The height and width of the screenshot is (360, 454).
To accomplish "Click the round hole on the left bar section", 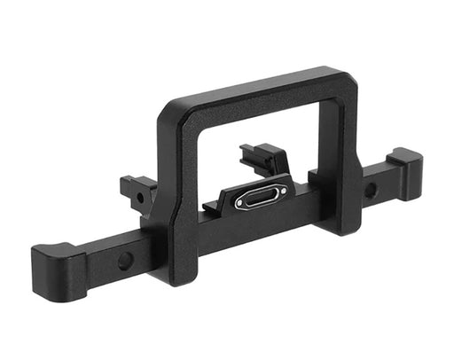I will [125, 261].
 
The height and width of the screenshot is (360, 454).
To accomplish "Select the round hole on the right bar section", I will [370, 189].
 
